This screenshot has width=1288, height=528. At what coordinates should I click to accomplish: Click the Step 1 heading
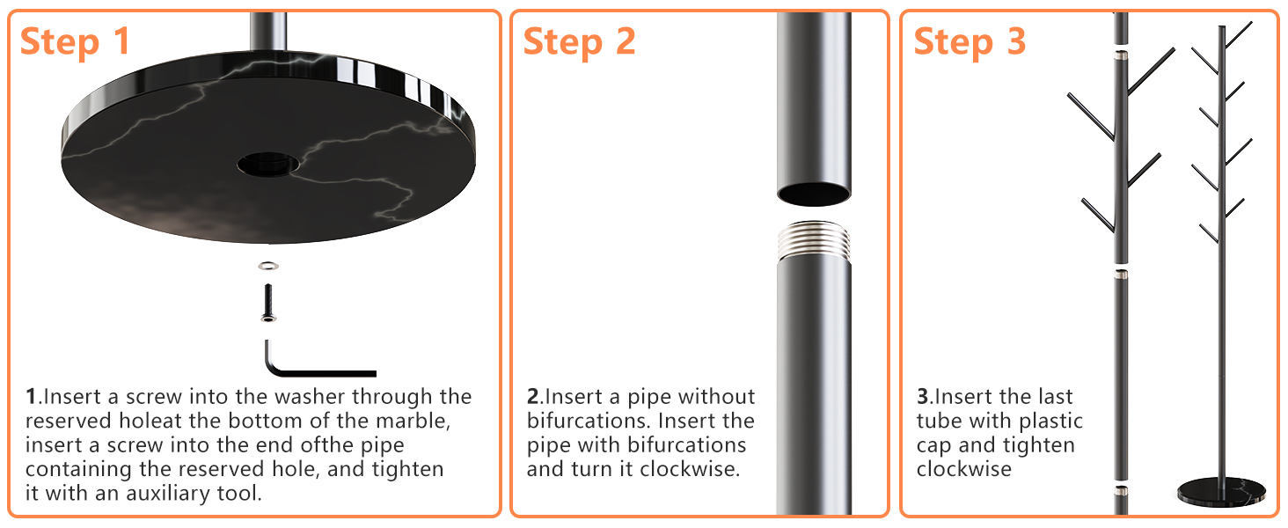coord(75,40)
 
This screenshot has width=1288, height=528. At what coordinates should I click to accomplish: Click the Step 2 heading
coord(579,40)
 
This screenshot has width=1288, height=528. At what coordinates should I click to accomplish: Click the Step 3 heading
coord(970,40)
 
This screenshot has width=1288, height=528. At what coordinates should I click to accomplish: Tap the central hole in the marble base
coord(268,164)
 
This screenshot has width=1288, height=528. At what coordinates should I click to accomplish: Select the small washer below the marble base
coord(266,266)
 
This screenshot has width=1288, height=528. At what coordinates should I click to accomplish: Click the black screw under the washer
coord(266,301)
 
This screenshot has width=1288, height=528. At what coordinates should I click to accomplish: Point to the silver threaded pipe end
coord(814,240)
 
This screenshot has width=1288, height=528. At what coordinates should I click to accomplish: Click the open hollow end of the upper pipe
coord(814,193)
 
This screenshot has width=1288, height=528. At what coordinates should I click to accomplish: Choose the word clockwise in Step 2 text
coord(690,468)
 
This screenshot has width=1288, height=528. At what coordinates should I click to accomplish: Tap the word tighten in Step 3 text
coord(1039,444)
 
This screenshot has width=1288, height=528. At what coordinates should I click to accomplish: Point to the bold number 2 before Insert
coord(533,397)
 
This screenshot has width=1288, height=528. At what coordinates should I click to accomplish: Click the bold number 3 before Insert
coord(923,397)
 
